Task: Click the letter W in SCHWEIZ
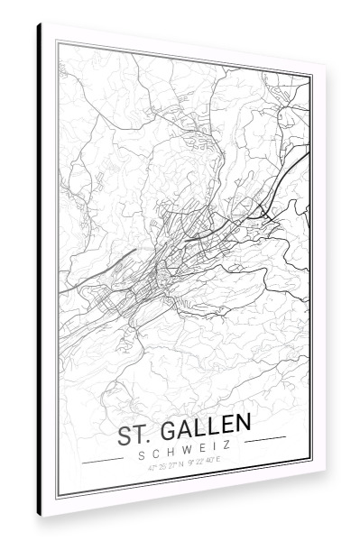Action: [x=188, y=446]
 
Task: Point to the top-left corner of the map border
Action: [x=58, y=41]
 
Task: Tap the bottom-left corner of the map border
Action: [x=59, y=495]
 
